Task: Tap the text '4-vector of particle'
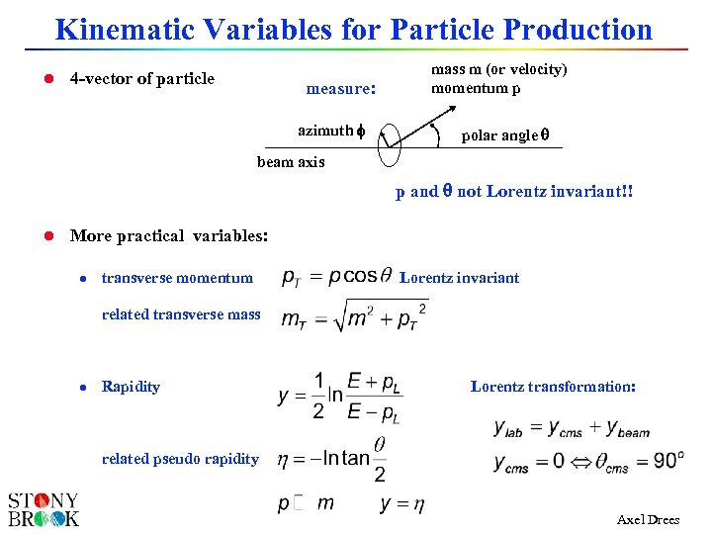pos(142,79)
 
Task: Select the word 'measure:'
pos(340,89)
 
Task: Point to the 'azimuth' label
pos(324,131)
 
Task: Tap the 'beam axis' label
pos(291,162)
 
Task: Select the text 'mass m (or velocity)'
pos(498,69)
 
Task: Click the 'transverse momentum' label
pos(177,278)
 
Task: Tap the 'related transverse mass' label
pos(181,314)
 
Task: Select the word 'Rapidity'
pos(131,387)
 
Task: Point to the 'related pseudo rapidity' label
pos(180,458)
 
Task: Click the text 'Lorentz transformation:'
pos(553,387)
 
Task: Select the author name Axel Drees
pos(648,519)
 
